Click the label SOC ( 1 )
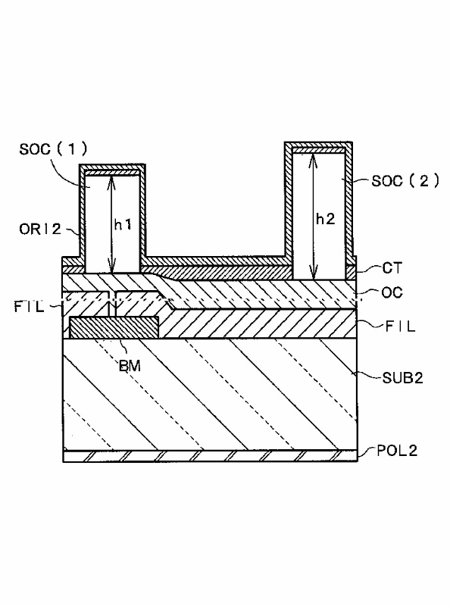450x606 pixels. [x=53, y=148]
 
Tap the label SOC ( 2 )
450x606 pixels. [x=405, y=180]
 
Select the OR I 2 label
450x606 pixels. [x=40, y=229]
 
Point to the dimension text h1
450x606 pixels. [x=123, y=224]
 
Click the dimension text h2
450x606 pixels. [x=325, y=219]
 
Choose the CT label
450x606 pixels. [x=392, y=268]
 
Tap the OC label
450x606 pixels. [x=392, y=292]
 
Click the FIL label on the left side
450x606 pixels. [x=29, y=307]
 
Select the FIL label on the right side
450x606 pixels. [x=400, y=326]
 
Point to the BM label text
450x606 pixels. [x=130, y=366]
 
